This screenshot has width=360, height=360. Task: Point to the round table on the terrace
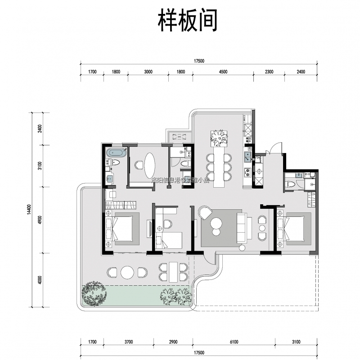pos(127,272)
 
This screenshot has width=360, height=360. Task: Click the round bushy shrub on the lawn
pos(95,292)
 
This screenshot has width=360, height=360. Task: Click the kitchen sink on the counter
pos(247,157)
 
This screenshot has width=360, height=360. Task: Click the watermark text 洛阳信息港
pos(166,180)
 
